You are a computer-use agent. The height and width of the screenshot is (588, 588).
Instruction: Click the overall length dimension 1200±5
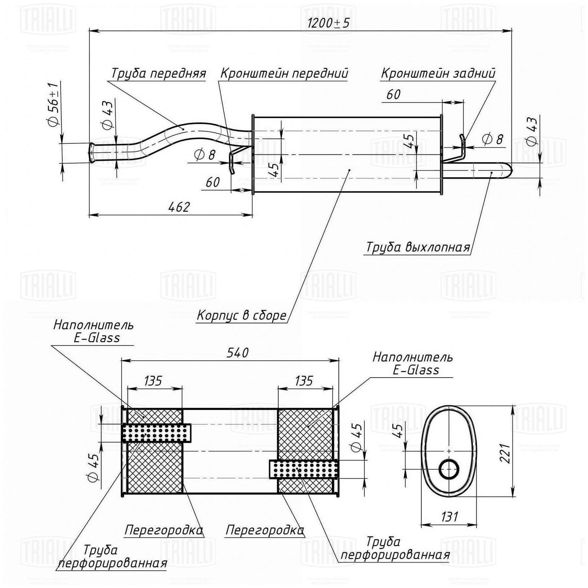point(329,23)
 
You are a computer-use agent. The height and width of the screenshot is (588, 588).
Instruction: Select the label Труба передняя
point(159,74)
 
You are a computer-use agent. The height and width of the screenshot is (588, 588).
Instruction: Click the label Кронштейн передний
point(284,73)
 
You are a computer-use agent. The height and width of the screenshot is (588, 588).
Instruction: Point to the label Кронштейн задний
point(438,73)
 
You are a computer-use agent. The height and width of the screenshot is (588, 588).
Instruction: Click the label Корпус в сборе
point(242,316)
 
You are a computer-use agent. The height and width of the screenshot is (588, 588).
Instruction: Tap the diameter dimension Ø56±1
point(53,104)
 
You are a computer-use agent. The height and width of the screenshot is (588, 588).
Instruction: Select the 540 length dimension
point(238,353)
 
